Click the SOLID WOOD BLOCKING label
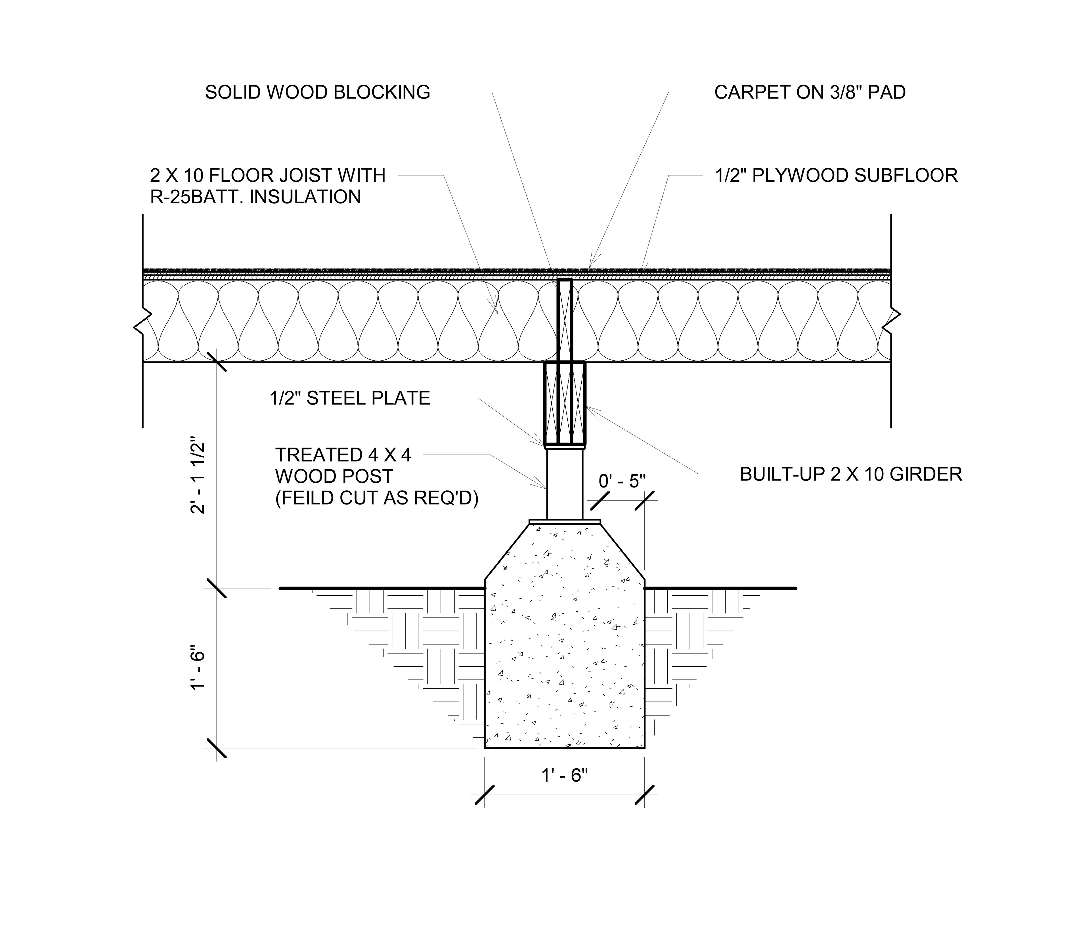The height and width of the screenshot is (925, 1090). click(317, 92)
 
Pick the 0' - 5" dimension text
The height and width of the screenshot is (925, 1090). click(622, 481)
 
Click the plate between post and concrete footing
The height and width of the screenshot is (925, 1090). click(565, 522)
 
